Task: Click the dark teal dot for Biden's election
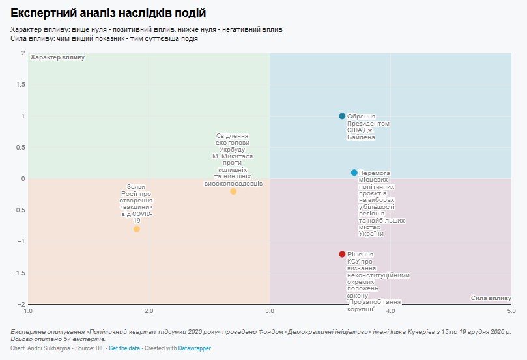(x=342, y=116)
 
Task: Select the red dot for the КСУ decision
(x=342, y=254)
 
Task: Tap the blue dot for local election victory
(x=354, y=173)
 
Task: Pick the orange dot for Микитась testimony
(x=233, y=191)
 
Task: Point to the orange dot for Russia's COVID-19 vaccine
(x=137, y=228)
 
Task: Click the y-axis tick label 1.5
(x=21, y=85)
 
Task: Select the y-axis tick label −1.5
(x=20, y=273)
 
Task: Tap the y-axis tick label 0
(x=23, y=178)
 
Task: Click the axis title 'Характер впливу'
(x=57, y=58)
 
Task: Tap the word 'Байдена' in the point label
(x=360, y=137)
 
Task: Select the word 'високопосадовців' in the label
(x=233, y=184)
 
